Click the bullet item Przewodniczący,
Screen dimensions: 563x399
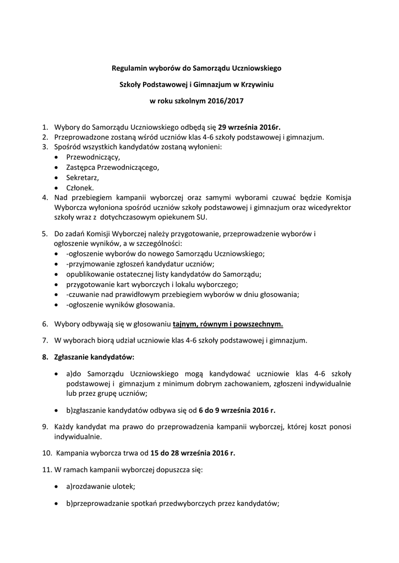point(93,157)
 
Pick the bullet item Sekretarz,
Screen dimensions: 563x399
point(83,177)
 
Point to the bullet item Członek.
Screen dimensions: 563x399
point(80,187)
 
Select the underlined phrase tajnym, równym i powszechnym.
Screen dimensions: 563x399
point(228,324)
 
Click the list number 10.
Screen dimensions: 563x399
point(46,453)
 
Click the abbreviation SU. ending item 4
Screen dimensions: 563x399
point(198,217)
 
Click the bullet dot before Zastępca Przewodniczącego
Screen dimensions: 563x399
point(58,167)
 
